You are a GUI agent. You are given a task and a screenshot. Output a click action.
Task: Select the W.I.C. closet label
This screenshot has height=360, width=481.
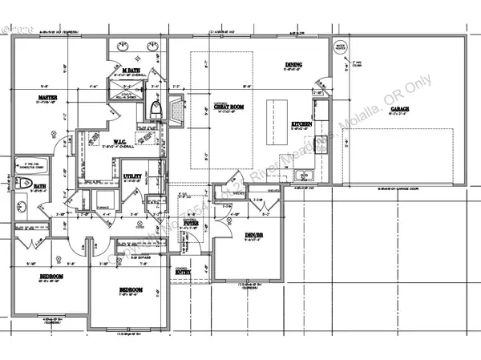[x=111, y=142]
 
